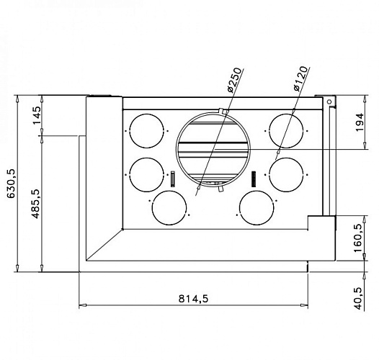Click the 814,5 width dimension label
point(193,299)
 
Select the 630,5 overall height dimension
point(11,184)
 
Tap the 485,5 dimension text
point(35,204)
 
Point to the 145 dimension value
point(37,115)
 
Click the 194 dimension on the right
point(360,122)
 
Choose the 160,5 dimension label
point(358,238)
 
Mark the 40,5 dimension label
point(359,298)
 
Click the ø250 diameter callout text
point(234,80)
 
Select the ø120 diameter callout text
point(301,78)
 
